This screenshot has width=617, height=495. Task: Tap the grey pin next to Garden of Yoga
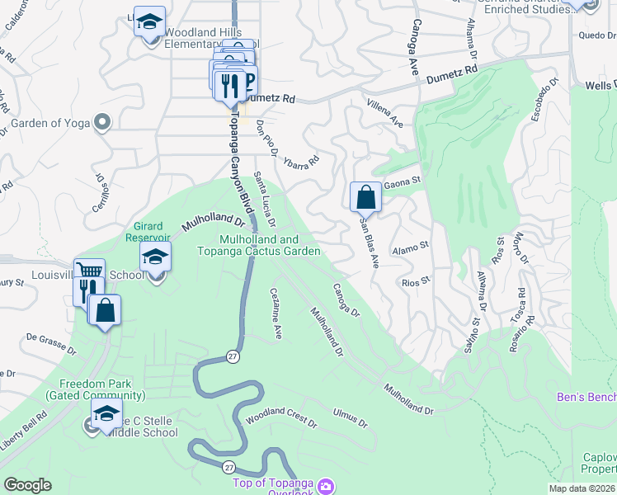coord(102,123)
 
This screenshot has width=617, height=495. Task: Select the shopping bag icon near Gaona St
coord(365,197)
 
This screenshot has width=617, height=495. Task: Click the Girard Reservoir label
coord(151,231)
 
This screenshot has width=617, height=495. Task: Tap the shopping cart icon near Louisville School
coord(89,271)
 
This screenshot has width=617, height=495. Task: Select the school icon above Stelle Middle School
coord(106,413)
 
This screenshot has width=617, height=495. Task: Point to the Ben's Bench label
coord(586,398)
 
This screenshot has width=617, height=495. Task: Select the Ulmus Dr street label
coord(350,417)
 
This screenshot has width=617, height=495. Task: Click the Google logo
coord(27,485)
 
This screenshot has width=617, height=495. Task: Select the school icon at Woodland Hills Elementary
coord(149,21)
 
